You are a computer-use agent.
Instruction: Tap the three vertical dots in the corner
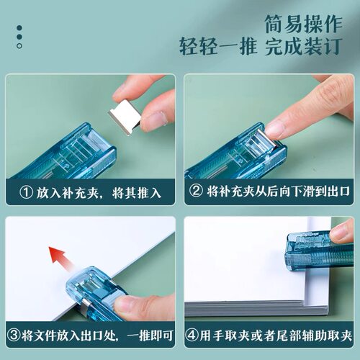click(x=19, y=37)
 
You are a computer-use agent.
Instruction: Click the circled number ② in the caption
click(x=195, y=193)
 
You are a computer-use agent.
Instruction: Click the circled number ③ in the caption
click(x=14, y=336)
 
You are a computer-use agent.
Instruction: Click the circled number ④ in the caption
click(x=193, y=336)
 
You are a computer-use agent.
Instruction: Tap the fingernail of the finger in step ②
click(x=276, y=129)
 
